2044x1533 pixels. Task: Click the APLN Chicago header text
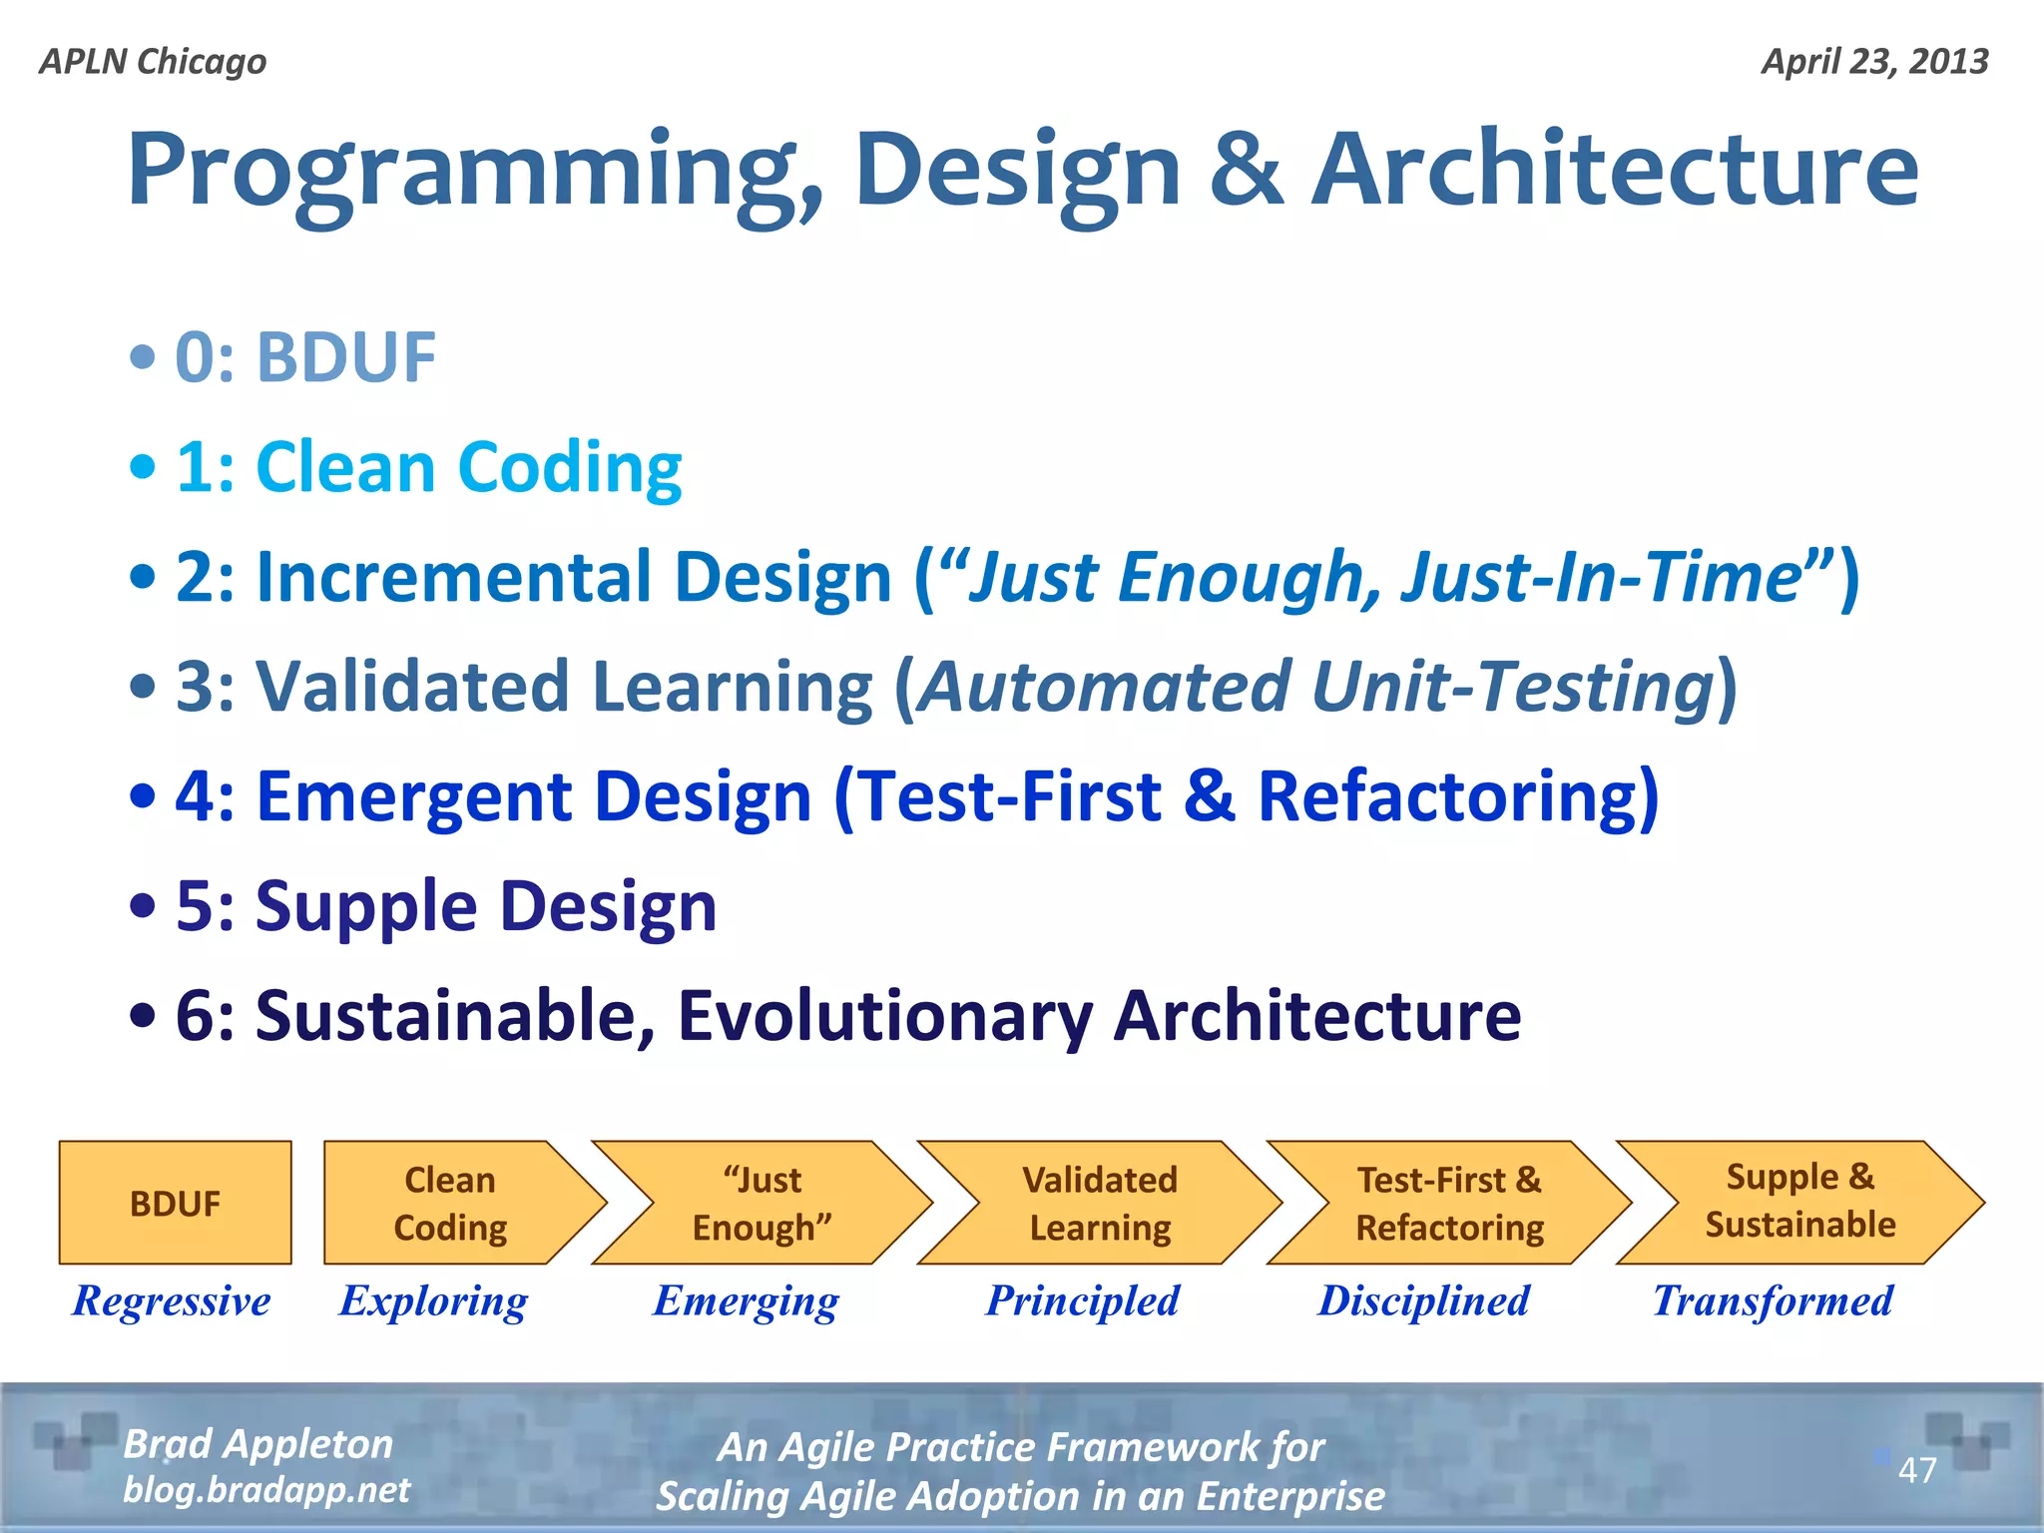[153, 62]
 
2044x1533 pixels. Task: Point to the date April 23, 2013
[1874, 62]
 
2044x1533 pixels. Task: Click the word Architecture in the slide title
[1614, 170]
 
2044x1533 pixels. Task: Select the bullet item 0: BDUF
[304, 357]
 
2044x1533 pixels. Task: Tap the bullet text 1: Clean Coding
[428, 467]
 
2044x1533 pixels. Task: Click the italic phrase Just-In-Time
[1600, 577]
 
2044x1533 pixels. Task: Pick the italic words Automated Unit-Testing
[1314, 687]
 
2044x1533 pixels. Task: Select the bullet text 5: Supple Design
[445, 906]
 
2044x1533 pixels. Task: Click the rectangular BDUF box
[175, 1203]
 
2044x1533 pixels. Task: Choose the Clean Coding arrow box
[450, 1203]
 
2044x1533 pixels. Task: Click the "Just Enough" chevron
[763, 1203]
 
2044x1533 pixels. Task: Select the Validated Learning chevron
[1100, 1203]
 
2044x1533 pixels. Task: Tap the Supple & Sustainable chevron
[1799, 1201]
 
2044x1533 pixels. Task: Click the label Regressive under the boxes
[171, 1300]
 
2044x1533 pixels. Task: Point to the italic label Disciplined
[1423, 1300]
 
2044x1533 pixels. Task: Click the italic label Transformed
[1773, 1300]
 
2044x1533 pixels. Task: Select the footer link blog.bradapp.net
[266, 1489]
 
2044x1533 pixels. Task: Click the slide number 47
[1916, 1470]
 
